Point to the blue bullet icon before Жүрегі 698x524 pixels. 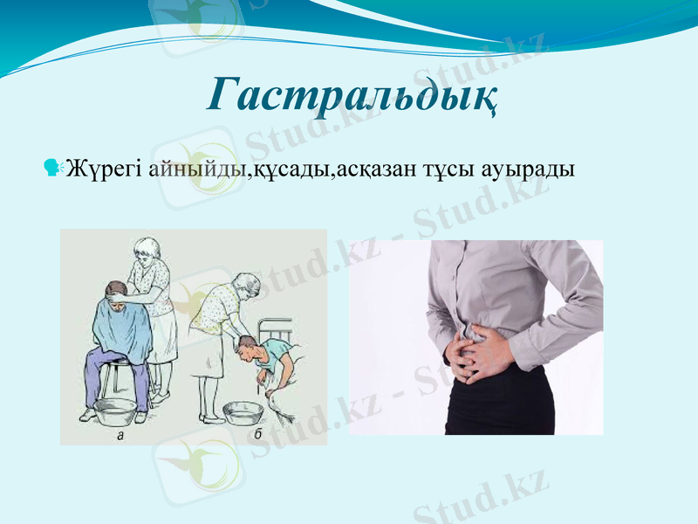[53, 165]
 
